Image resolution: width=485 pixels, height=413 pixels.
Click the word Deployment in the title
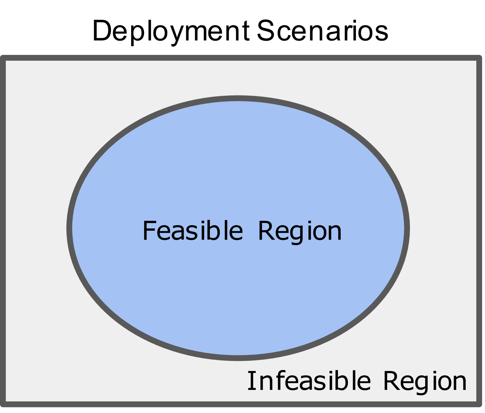(171, 31)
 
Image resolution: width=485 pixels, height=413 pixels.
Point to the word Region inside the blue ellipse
(300, 231)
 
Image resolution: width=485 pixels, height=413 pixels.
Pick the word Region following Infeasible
(425, 381)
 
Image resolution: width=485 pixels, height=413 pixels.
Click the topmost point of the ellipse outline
(238, 98)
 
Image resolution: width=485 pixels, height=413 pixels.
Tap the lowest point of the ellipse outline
(238, 358)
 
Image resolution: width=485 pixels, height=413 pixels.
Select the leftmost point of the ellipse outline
(69, 228)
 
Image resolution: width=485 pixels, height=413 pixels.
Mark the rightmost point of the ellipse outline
(407, 228)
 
